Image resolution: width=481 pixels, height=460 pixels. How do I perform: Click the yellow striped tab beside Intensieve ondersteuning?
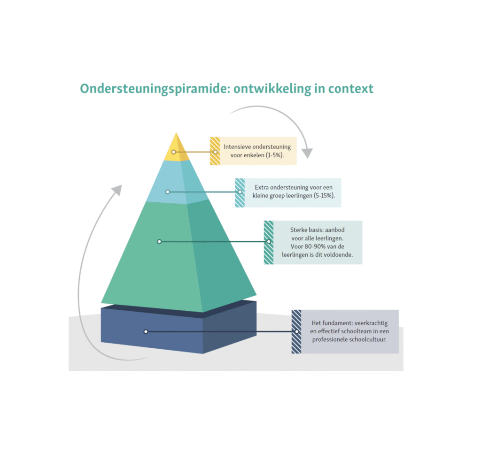click(215, 151)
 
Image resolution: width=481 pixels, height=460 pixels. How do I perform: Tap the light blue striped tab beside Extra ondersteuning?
click(240, 192)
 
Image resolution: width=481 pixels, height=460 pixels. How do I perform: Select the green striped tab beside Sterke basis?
click(269, 242)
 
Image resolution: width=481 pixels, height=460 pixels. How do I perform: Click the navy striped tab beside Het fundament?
click(296, 331)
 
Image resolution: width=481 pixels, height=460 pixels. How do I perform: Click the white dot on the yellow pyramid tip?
click(174, 152)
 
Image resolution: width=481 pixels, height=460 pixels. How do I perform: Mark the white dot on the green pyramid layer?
click(159, 241)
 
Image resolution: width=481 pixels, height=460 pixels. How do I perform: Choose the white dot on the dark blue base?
click(146, 331)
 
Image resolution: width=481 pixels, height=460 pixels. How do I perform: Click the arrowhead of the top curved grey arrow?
click(307, 153)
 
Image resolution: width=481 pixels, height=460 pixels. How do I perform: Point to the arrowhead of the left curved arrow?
click(116, 190)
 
